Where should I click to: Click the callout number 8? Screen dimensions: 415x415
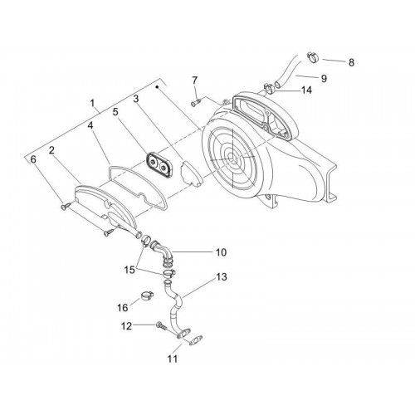[351, 62]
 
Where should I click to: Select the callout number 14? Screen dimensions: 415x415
[306, 90]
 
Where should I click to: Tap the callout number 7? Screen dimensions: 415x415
[195, 81]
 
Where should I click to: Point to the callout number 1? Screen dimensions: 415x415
[92, 103]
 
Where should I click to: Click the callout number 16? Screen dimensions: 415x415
[123, 307]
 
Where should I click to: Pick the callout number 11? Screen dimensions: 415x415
[172, 359]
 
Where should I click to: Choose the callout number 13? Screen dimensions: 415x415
[222, 276]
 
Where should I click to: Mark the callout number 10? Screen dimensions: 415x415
[221, 252]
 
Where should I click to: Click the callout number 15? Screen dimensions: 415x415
[129, 270]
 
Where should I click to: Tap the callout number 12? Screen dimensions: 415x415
[126, 326]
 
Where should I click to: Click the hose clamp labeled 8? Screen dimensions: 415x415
[313, 57]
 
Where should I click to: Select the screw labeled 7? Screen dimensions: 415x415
[196, 104]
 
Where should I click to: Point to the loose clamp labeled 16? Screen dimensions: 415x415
[144, 296]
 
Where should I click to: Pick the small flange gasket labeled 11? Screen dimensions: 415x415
[196, 340]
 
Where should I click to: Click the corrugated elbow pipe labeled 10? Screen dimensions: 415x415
[163, 251]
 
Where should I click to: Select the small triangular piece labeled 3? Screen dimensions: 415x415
[191, 173]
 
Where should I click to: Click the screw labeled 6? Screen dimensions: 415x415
[66, 206]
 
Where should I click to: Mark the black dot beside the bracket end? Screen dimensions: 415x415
[157, 87]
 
